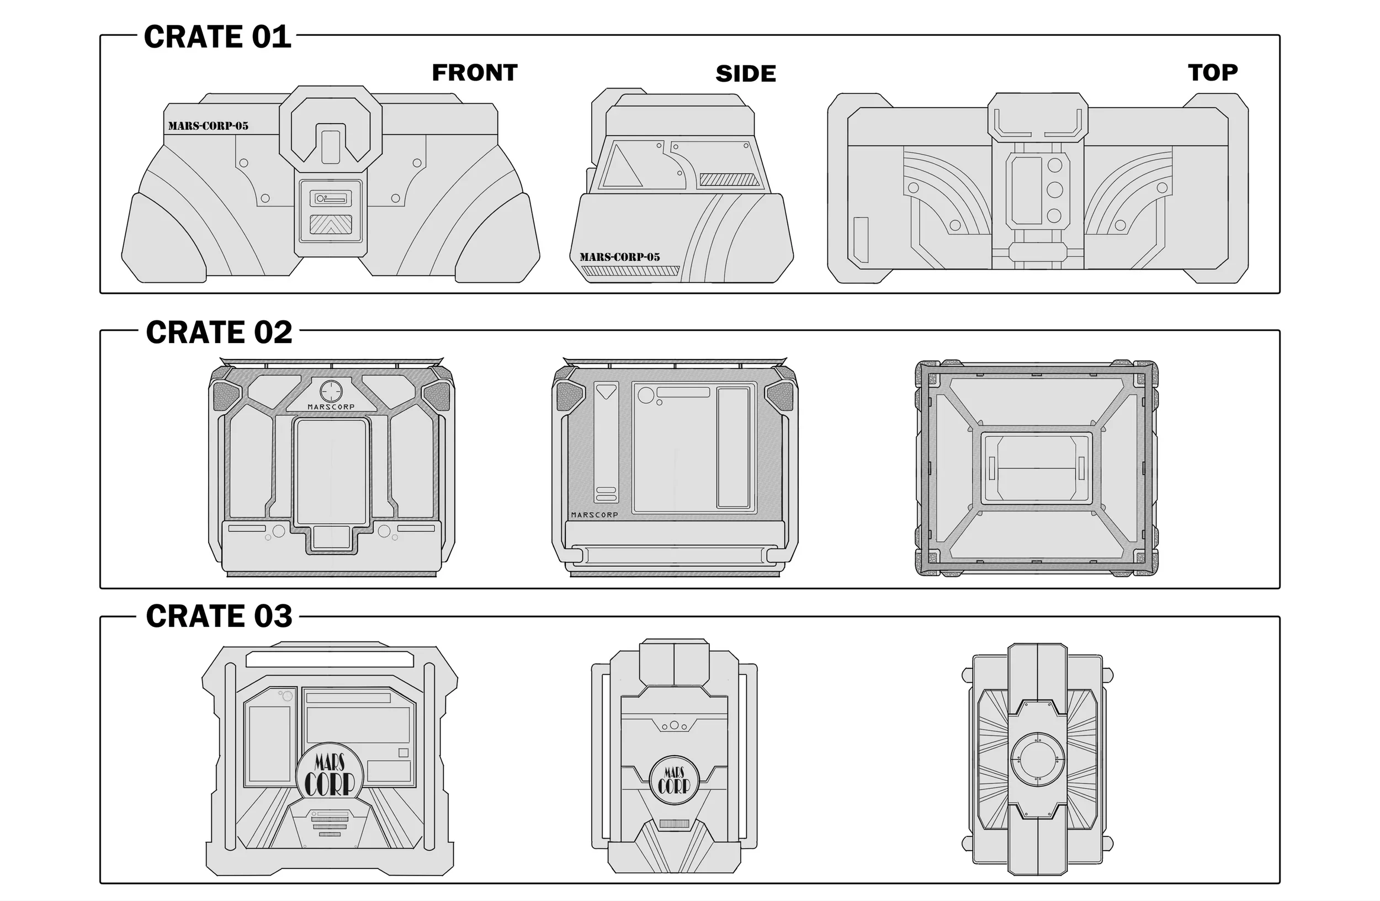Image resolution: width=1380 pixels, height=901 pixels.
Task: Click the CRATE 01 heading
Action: [x=217, y=37]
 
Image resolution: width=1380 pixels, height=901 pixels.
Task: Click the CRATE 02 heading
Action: [x=219, y=333]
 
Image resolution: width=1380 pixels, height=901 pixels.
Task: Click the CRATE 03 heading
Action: [x=219, y=616]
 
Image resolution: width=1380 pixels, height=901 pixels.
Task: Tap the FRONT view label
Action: [x=474, y=72]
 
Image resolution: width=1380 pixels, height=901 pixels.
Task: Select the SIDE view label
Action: [x=746, y=73]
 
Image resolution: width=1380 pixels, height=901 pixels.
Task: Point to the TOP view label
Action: [x=1212, y=72]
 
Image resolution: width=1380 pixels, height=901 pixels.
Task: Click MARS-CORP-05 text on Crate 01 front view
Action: [x=208, y=126]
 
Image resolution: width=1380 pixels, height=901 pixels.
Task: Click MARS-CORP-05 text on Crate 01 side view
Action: [x=619, y=257]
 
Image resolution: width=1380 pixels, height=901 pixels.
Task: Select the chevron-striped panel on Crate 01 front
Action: [x=331, y=224]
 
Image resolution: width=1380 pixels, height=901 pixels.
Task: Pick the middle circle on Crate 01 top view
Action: [x=1054, y=190]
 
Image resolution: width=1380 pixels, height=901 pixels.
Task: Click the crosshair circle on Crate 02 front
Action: [x=331, y=391]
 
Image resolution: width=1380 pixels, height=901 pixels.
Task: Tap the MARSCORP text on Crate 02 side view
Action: [x=595, y=515]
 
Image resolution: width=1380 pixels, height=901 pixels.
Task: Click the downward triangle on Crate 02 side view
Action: [x=606, y=392]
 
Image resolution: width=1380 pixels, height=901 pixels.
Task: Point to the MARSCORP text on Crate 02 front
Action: [x=331, y=407]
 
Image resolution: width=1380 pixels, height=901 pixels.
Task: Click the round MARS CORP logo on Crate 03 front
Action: [x=330, y=774]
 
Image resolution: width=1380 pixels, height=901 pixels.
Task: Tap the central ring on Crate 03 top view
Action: [x=1037, y=759]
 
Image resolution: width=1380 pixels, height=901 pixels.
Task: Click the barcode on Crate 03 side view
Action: [x=674, y=823]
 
